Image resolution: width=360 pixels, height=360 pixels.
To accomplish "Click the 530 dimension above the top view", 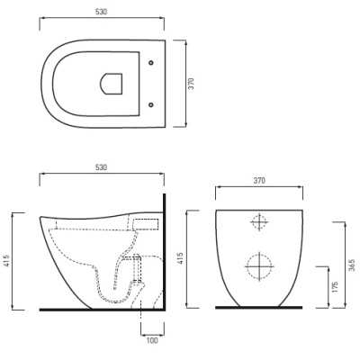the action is [x=102, y=12].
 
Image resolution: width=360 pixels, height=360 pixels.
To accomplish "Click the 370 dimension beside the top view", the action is [x=191, y=84].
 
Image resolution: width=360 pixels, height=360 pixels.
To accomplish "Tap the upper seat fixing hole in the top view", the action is [x=151, y=63].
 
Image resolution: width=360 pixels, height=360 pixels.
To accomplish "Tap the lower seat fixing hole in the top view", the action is [x=151, y=104].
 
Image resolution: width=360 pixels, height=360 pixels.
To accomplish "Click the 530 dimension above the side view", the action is [x=101, y=167].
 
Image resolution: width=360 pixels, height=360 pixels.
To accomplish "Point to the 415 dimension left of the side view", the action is [x=7, y=261].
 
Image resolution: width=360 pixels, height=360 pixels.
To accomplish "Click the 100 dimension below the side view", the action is [x=152, y=340].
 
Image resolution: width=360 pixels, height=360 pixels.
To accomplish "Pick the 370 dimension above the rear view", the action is [x=259, y=181].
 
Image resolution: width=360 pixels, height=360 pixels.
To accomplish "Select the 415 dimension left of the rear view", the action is [x=180, y=258].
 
